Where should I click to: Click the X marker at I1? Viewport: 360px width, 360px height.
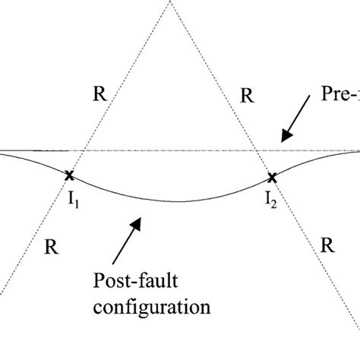[x=69, y=175]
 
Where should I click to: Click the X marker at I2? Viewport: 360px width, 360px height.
[x=271, y=178]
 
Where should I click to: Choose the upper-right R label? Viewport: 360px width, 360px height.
[x=246, y=96]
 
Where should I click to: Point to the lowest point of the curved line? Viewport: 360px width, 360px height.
[x=176, y=201]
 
